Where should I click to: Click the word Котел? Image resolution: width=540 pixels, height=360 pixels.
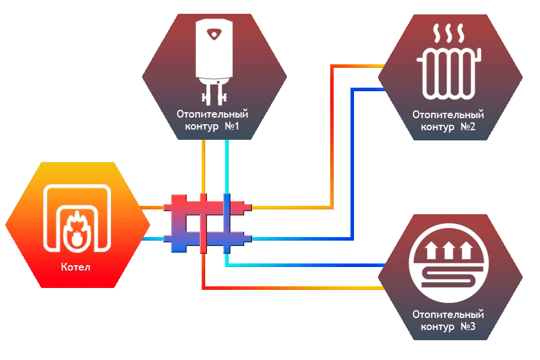point(76,266)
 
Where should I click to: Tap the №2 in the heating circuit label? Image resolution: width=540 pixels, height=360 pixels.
point(468,127)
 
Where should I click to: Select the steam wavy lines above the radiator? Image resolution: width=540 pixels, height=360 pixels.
point(448,31)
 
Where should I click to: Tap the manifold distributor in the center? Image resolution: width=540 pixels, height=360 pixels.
point(207,223)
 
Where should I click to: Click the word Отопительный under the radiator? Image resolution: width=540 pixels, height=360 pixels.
point(448,114)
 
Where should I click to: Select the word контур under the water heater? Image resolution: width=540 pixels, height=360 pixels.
point(197,127)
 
